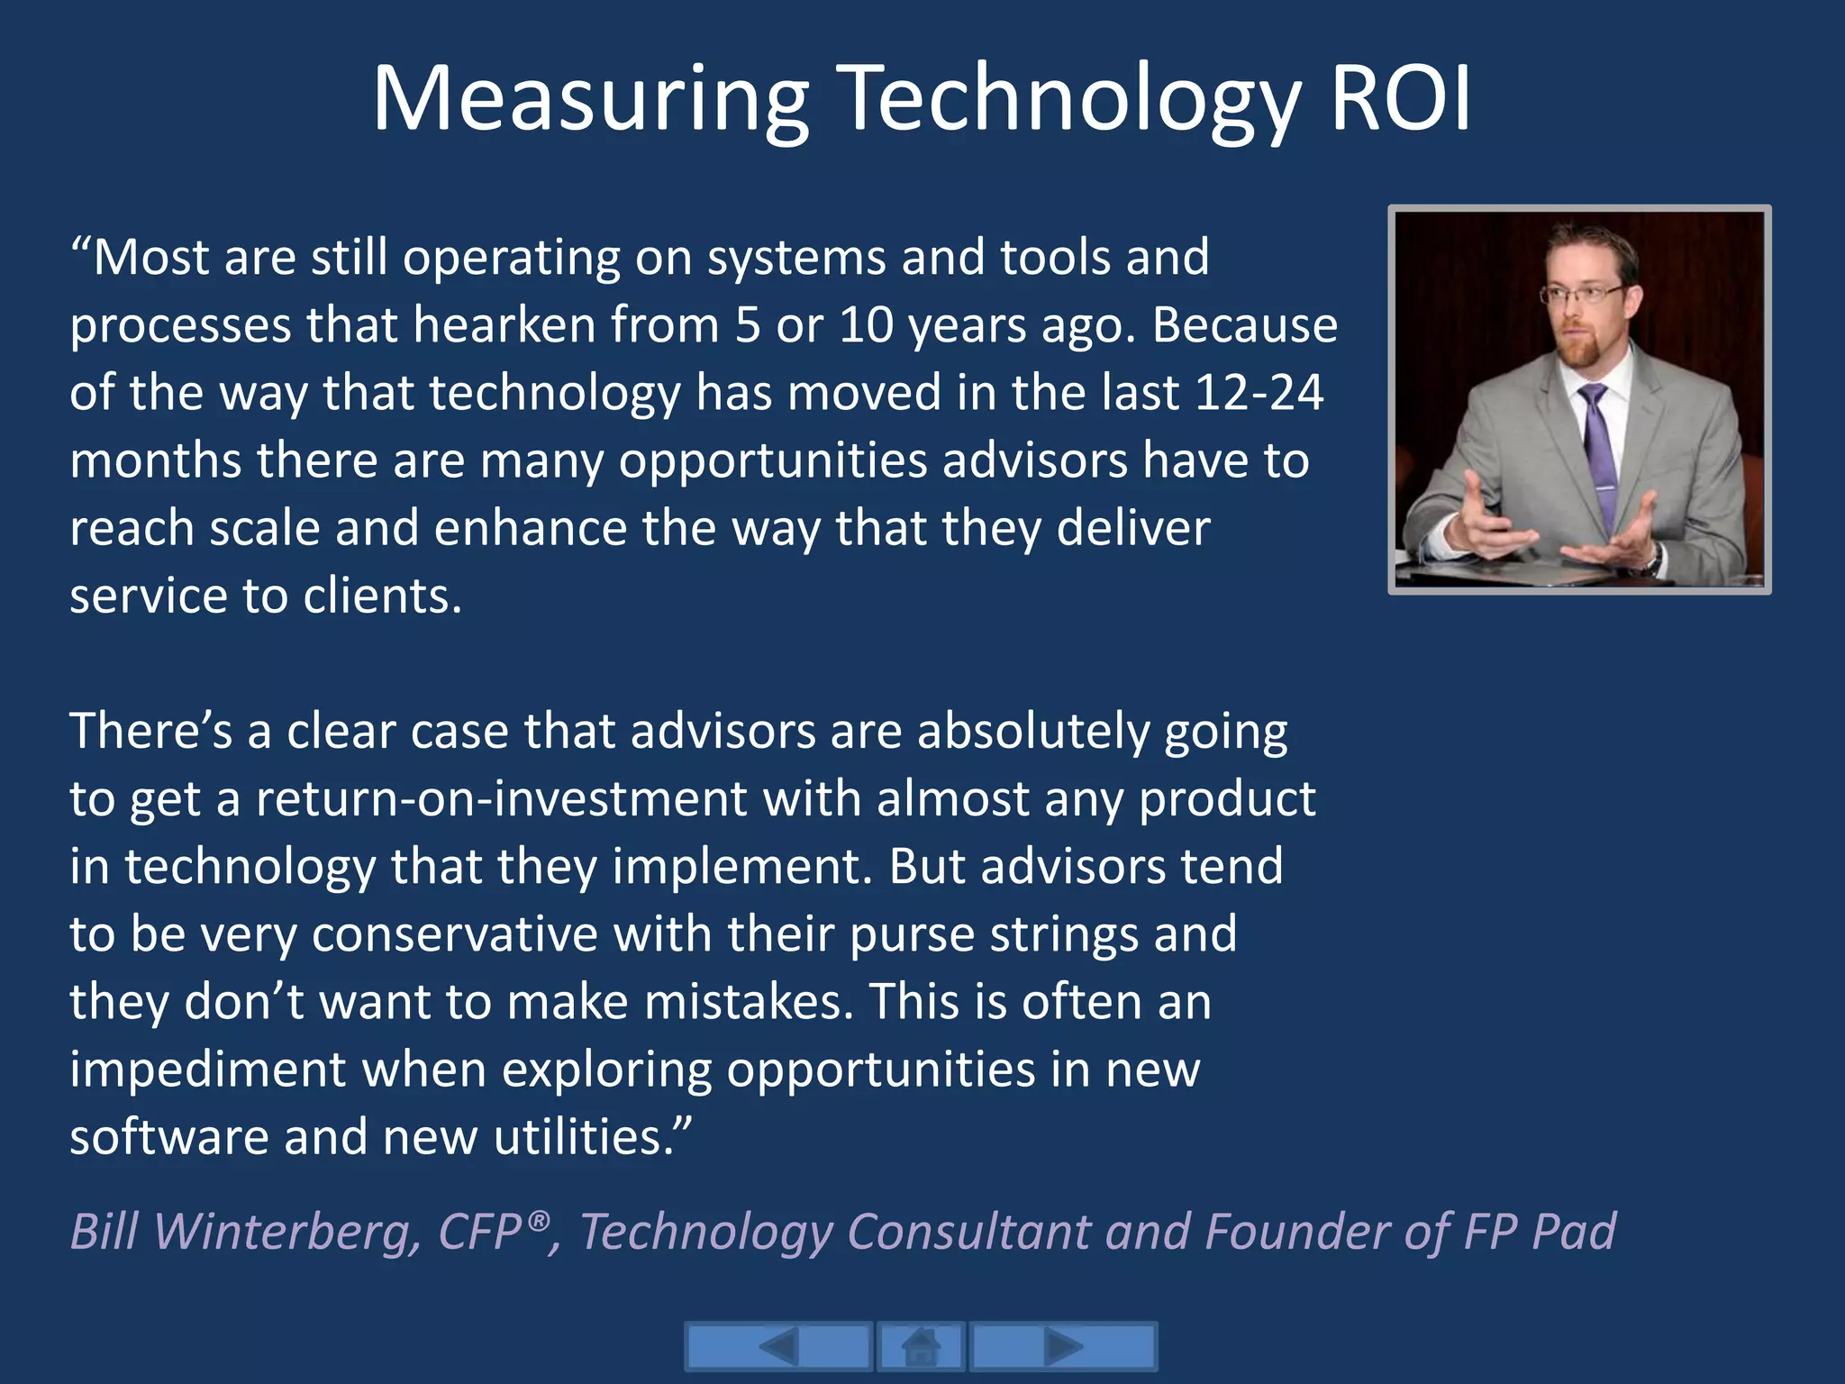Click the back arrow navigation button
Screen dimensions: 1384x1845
pos(778,1347)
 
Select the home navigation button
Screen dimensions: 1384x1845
pos(921,1347)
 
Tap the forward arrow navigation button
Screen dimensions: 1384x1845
pos(1063,1347)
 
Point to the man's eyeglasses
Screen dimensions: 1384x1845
pos(1584,294)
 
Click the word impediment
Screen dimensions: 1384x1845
pos(208,1070)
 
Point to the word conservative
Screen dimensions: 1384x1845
pos(454,934)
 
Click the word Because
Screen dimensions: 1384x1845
pos(1244,325)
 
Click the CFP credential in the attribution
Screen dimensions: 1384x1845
pos(486,1231)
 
